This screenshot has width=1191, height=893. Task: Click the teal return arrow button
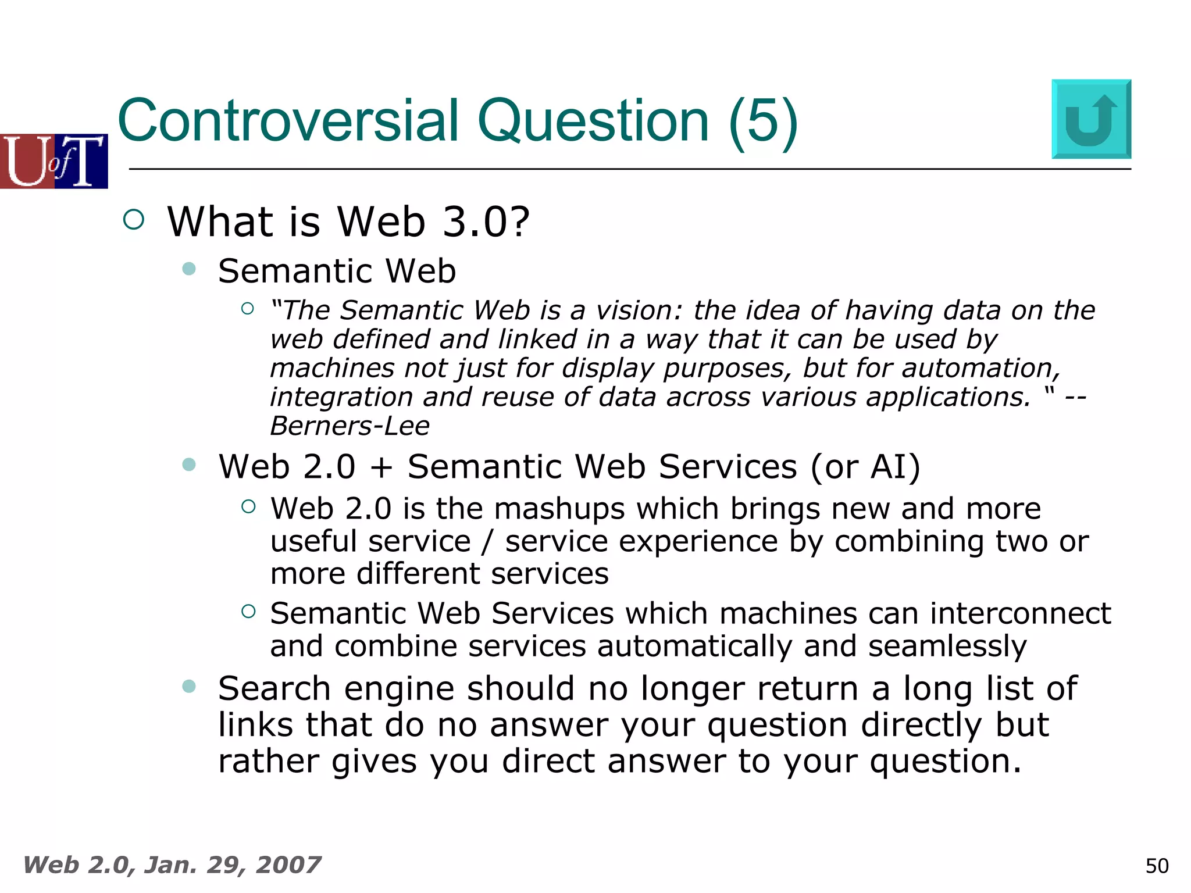tap(1091, 119)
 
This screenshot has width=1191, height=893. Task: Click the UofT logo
tap(54, 161)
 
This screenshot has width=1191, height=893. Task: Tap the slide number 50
tap(1157, 866)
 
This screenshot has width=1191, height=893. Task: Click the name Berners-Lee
tap(350, 426)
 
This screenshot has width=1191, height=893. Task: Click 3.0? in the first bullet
tap(486, 222)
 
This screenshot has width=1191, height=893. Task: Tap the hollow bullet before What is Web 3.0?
tap(134, 220)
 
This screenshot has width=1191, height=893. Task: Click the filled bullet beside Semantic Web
tap(188, 269)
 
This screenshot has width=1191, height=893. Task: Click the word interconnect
tap(1020, 614)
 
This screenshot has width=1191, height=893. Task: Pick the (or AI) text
tap(866, 467)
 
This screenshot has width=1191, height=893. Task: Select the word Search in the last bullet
tap(274, 689)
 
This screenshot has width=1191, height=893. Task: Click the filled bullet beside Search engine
tap(188, 686)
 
